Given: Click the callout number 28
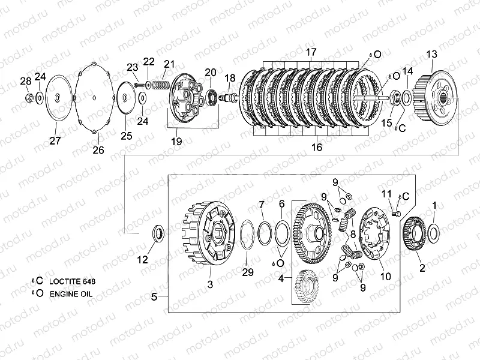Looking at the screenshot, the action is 26,81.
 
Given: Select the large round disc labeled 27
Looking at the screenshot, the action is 59,98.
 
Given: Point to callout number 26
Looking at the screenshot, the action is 98,150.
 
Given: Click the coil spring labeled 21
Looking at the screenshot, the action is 160,83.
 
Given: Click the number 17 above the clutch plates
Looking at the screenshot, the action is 311,52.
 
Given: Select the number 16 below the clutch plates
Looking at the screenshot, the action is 317,147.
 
